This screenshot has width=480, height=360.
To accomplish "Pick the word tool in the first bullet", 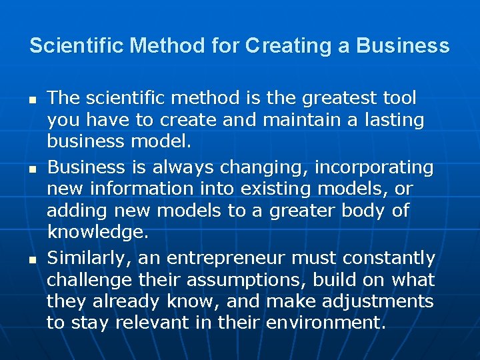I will [399, 99].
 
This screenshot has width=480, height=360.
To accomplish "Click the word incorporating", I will [374, 167].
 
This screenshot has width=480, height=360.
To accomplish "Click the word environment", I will [325, 323].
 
